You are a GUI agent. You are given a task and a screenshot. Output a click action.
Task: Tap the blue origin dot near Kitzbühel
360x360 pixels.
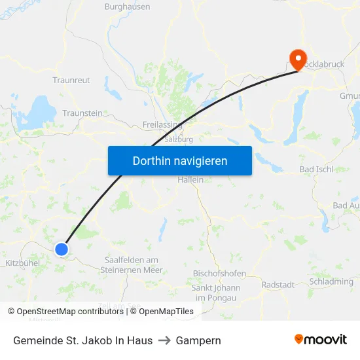(x=61, y=249)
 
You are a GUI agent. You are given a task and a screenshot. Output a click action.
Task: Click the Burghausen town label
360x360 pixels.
(x=127, y=7)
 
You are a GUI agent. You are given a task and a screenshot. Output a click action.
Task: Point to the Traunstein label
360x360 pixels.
(x=82, y=113)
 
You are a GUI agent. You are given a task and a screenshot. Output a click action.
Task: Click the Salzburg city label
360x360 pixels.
(x=179, y=139)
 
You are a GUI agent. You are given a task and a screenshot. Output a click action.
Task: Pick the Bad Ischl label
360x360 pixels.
(x=316, y=169)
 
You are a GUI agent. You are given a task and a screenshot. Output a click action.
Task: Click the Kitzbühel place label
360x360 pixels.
(x=22, y=262)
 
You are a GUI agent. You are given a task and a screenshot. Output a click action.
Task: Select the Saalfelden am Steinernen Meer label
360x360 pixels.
(x=132, y=264)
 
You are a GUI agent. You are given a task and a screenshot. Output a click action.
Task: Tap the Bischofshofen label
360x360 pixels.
(x=219, y=273)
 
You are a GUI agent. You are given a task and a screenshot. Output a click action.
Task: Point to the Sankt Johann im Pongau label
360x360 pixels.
(x=215, y=293)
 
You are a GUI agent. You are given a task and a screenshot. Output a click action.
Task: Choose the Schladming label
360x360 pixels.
(x=331, y=281)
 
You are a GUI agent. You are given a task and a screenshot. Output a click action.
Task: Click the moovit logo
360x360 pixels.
(x=321, y=340)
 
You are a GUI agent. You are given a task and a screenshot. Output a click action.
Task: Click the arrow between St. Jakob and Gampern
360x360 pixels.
(x=164, y=340)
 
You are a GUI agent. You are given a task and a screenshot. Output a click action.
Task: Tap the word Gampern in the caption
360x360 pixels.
(x=198, y=340)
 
